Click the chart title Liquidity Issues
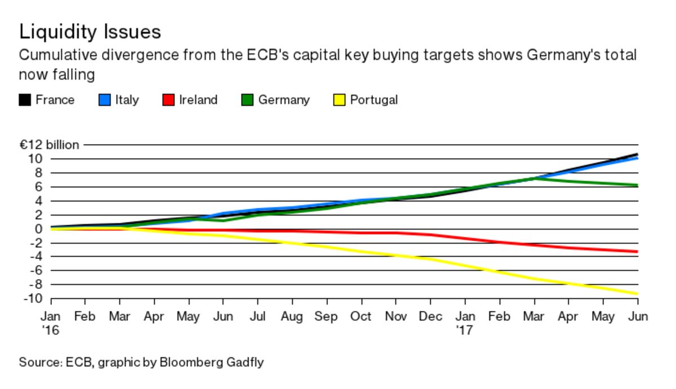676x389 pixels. [x=90, y=32]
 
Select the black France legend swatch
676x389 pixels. [x=25, y=100]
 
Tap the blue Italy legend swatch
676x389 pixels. [x=105, y=100]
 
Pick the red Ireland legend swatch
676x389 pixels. [x=168, y=100]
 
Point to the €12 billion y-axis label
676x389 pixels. [x=50, y=145]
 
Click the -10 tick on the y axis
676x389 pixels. [x=33, y=298]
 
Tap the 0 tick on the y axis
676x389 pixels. [x=38, y=229]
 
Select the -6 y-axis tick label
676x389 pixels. [x=35, y=270]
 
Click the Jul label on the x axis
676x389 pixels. [x=257, y=316]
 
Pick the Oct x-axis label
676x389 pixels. [x=361, y=316]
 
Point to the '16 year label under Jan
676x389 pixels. [x=50, y=330]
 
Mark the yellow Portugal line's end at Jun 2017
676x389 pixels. [x=637, y=294]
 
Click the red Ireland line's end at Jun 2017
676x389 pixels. [x=637, y=252]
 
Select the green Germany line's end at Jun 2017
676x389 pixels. [x=637, y=185]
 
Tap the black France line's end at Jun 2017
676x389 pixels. [x=637, y=154]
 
